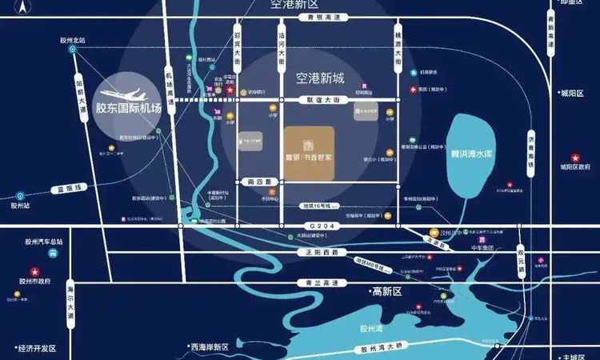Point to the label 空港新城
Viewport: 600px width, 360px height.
[320, 79]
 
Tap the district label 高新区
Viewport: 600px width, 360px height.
[384, 292]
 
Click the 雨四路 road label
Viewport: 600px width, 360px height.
[262, 182]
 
